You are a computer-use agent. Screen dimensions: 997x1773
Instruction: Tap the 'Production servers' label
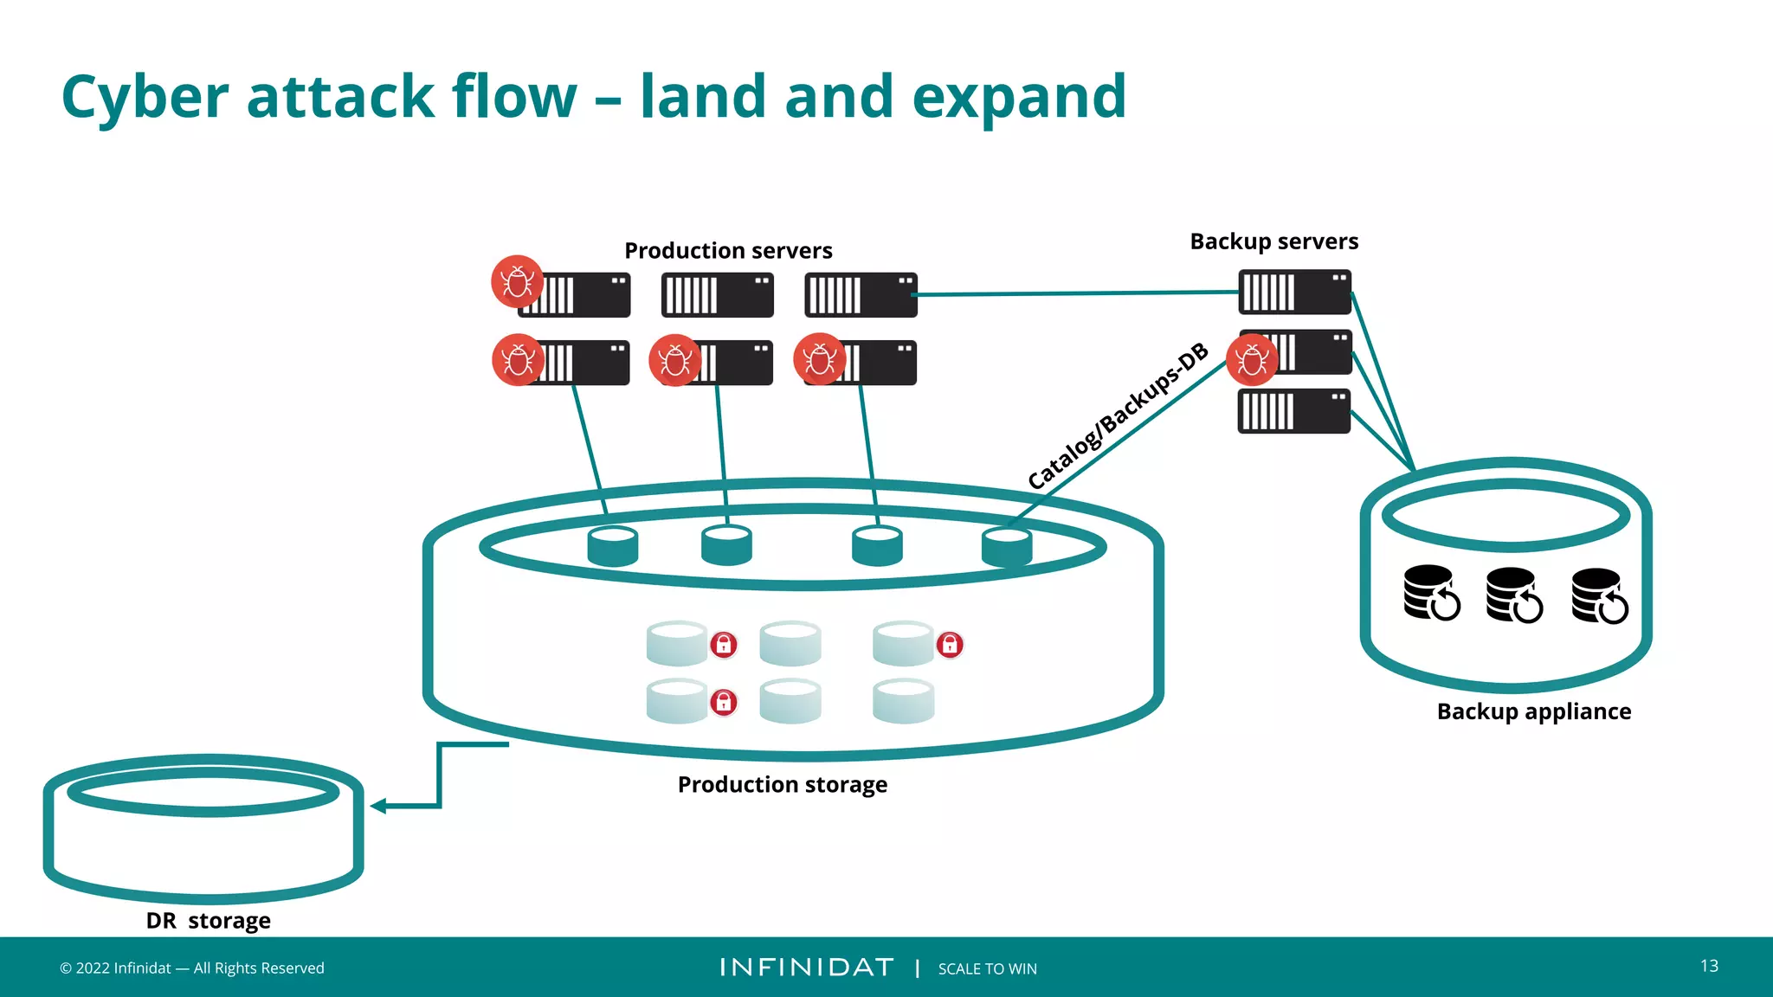tap(728, 251)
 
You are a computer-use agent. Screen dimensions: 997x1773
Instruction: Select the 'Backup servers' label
tap(1273, 241)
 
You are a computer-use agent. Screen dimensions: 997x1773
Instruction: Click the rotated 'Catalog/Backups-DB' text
tap(1117, 415)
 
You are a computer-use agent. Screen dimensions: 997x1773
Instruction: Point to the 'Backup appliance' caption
tap(1533, 711)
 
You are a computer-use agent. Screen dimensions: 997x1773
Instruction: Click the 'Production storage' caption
tap(782, 784)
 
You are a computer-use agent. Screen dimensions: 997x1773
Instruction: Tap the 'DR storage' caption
tap(208, 920)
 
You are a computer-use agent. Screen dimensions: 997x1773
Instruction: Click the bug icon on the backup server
tap(1252, 360)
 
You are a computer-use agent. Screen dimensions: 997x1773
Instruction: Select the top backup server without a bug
tap(1294, 293)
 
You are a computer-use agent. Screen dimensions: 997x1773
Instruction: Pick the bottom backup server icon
tap(1294, 411)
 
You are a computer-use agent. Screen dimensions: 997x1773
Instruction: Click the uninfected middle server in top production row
tap(717, 295)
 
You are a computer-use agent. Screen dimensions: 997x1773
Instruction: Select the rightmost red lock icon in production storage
tap(950, 645)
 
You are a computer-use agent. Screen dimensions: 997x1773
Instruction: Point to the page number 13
tap(1709, 966)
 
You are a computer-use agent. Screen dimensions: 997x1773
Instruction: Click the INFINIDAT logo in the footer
tap(806, 968)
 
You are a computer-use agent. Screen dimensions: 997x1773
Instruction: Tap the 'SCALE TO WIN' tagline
tap(987, 968)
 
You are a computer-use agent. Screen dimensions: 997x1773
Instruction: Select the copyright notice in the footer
tap(191, 968)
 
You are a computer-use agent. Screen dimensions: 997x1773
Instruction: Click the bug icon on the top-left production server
tap(517, 282)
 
